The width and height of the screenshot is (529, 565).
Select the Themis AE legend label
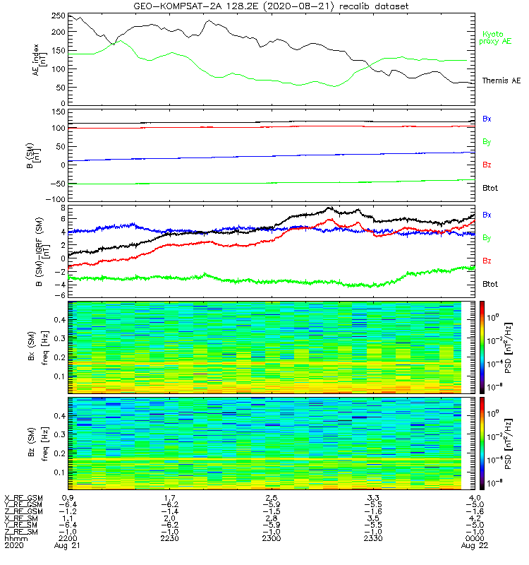coord(500,81)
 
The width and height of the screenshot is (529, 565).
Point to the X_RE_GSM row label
coord(23,499)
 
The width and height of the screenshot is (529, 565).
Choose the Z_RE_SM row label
coord(22,530)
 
